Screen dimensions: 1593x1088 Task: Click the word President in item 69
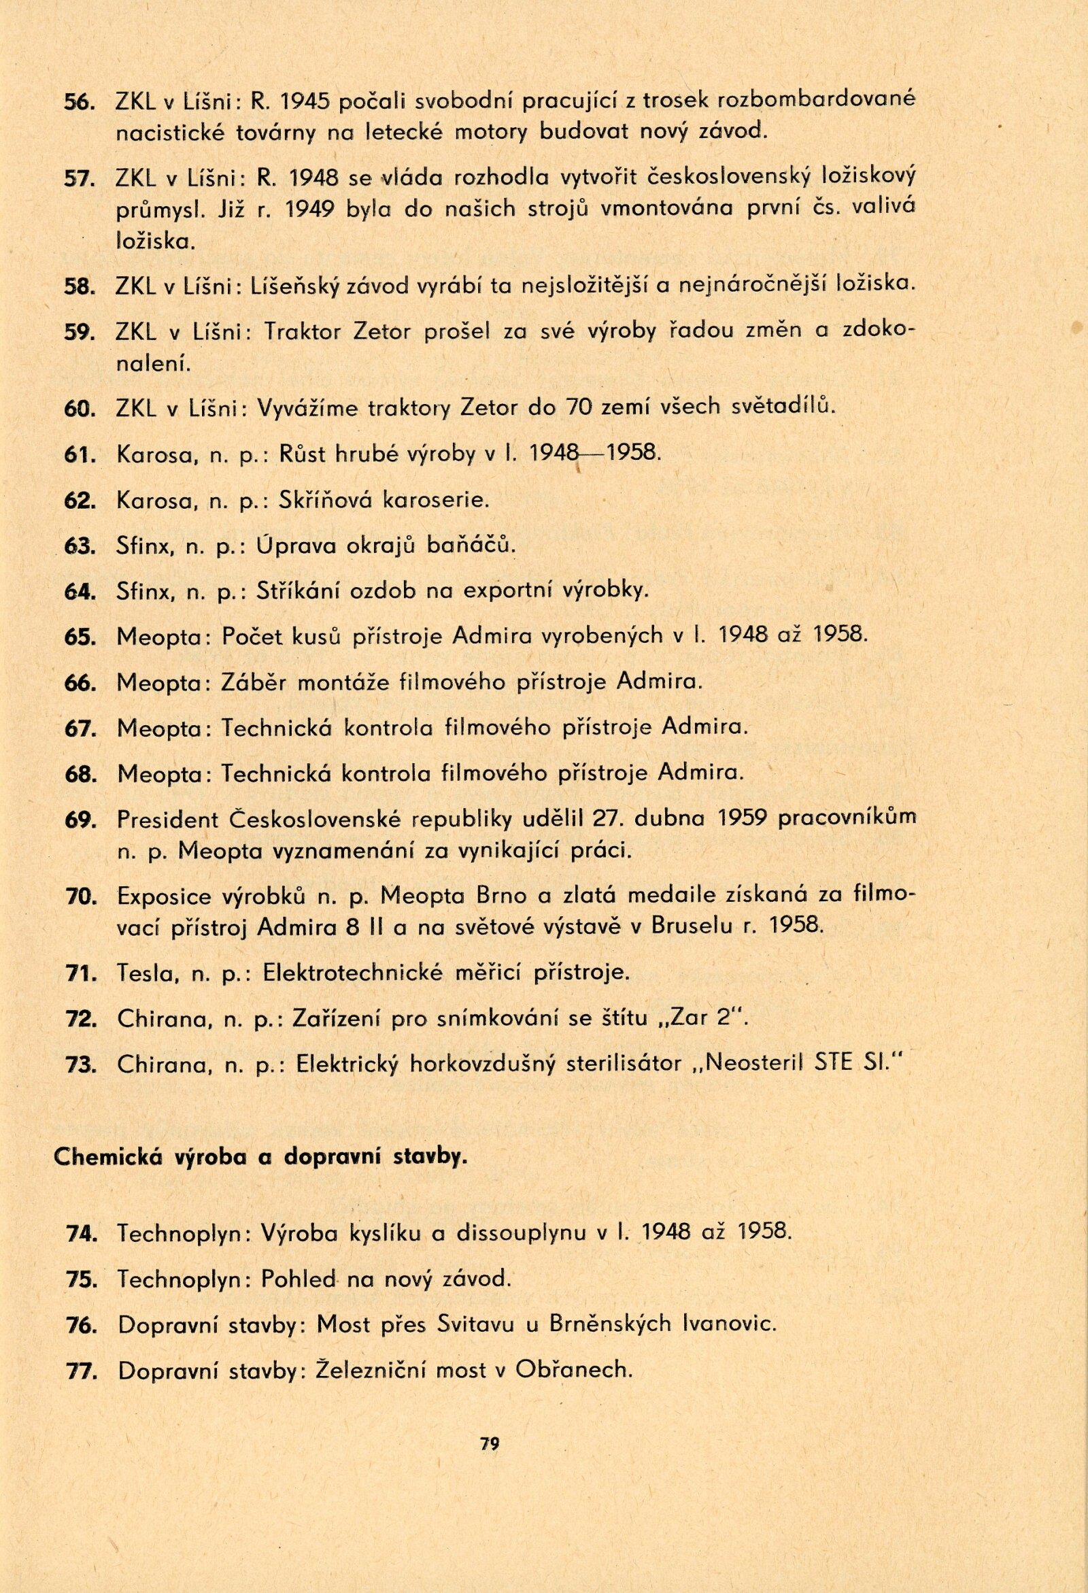coord(167,819)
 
